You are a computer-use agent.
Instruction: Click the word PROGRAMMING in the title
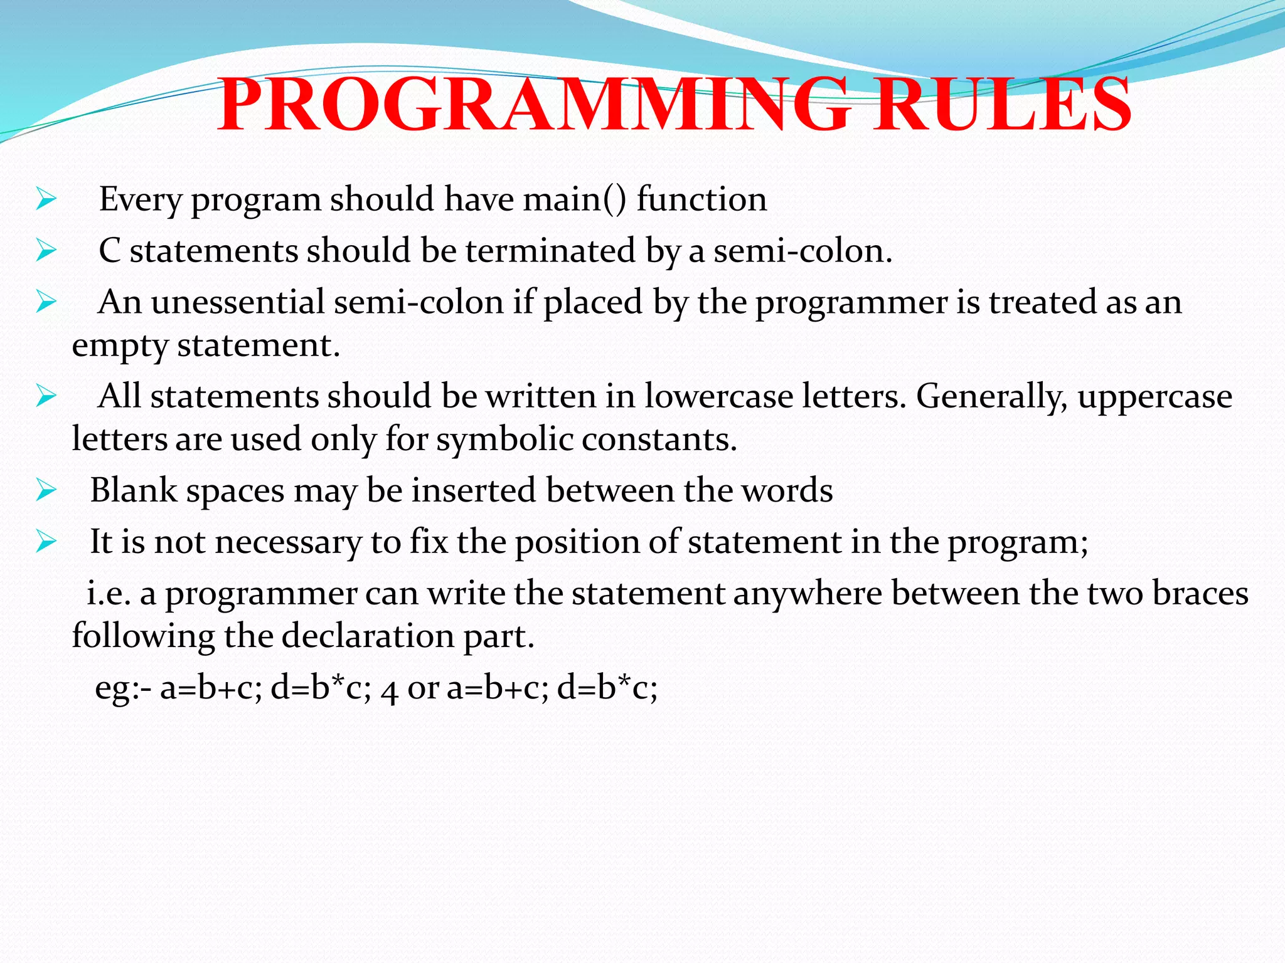[x=533, y=105]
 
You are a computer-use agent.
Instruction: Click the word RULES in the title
[x=1002, y=105]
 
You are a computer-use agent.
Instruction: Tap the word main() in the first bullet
[x=575, y=199]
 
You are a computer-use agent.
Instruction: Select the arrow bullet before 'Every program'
[x=46, y=200]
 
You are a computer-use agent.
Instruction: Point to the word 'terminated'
[x=550, y=251]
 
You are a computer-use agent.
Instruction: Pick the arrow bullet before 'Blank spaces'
[x=46, y=490]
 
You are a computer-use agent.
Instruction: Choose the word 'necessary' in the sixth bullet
[x=288, y=542]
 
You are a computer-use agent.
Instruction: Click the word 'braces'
[x=1200, y=593]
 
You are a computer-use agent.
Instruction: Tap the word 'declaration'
[x=367, y=636]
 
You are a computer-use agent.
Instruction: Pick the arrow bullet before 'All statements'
[x=46, y=396]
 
